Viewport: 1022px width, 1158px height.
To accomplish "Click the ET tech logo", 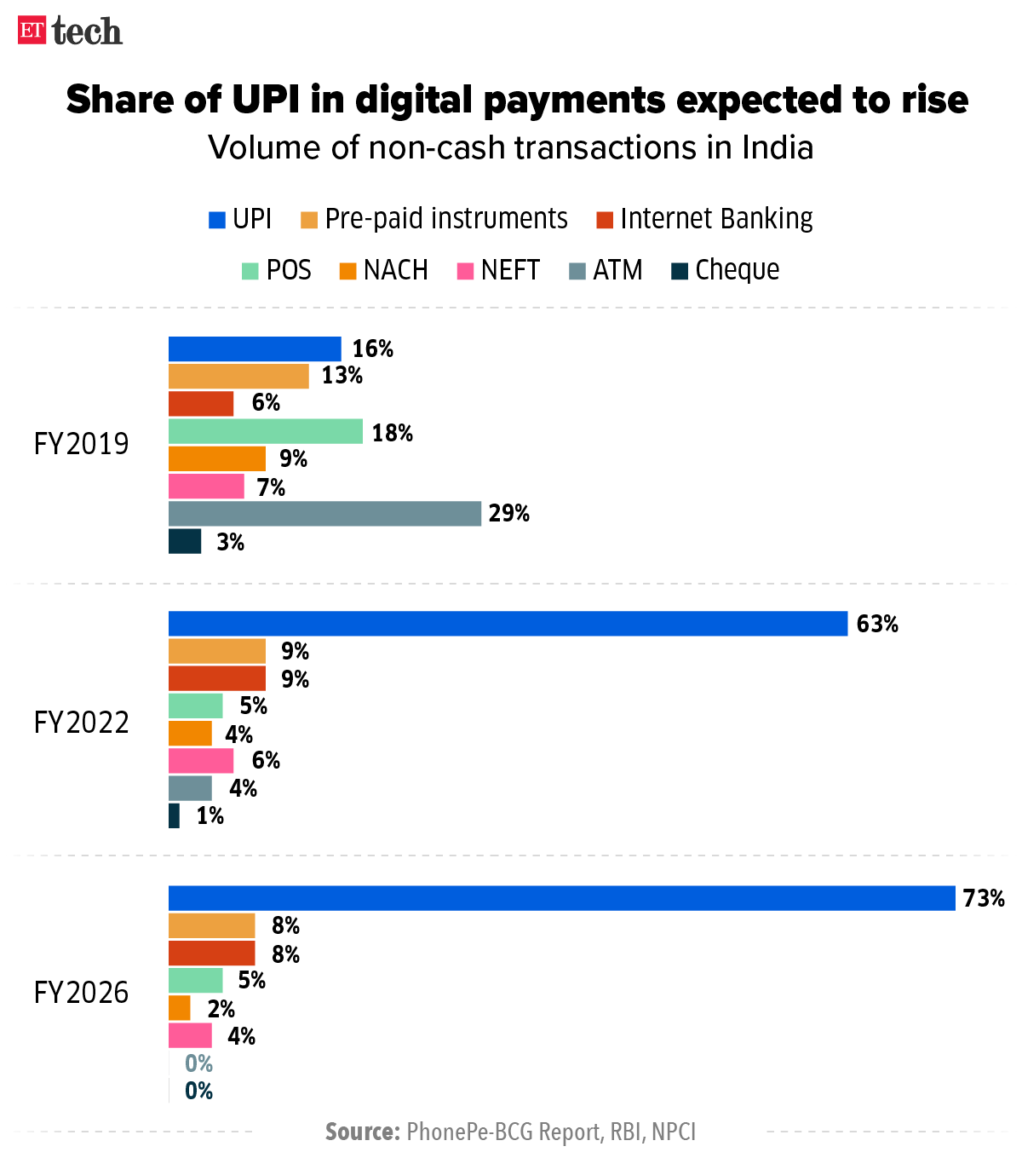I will (70, 32).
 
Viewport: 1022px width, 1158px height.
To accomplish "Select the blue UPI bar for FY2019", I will (255, 349).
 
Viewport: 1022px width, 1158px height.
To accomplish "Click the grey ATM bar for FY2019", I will (324, 514).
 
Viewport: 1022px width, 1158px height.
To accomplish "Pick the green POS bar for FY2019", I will (266, 432).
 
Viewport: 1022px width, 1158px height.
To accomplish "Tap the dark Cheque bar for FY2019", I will (185, 542).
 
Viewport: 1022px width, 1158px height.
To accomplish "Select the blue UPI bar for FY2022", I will (508, 624).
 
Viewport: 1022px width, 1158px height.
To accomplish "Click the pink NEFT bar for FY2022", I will (201, 760).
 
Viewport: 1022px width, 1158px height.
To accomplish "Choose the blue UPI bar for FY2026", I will (561, 898).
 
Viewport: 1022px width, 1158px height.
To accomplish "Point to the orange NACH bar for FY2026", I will (180, 1008).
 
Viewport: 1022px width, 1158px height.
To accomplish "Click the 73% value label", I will (984, 899).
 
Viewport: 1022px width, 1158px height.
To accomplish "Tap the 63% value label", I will (877, 625).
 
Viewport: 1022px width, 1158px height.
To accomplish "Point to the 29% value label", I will (508, 514).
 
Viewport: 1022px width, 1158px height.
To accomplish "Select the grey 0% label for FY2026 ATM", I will (198, 1063).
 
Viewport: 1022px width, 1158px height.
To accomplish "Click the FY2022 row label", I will (82, 723).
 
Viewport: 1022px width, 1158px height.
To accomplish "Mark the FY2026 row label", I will (82, 993).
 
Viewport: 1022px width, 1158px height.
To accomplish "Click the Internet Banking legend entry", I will (704, 219).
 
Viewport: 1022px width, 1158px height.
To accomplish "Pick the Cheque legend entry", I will (725, 270).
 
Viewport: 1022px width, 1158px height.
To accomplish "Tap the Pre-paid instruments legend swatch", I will (309, 220).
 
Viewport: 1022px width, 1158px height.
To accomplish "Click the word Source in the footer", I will (362, 1132).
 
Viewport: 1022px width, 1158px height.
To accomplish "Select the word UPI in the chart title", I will (267, 100).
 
